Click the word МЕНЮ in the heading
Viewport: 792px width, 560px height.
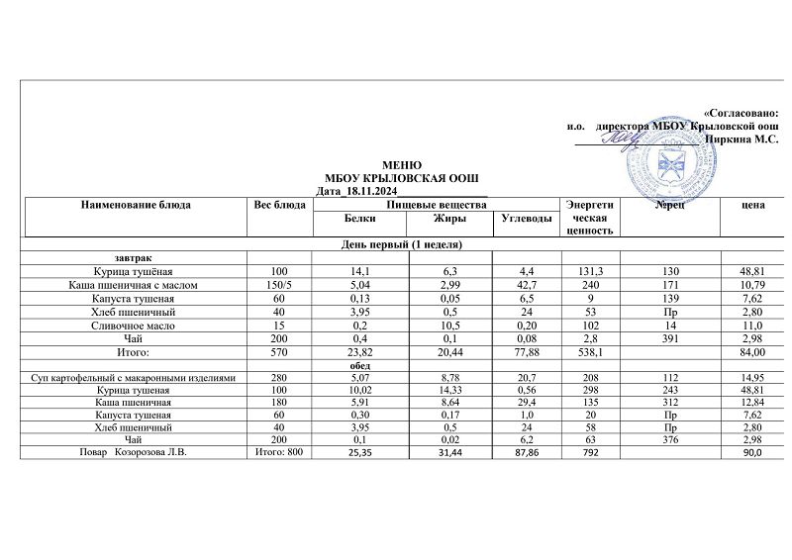click(x=402, y=164)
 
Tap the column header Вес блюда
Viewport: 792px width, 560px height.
click(x=280, y=205)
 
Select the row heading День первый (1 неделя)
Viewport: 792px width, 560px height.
click(x=402, y=243)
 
